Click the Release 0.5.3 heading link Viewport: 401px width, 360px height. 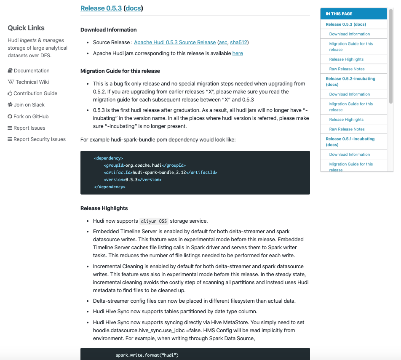(x=101, y=8)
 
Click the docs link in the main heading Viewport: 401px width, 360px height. (x=133, y=8)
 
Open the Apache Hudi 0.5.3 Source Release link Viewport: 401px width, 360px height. (x=174, y=42)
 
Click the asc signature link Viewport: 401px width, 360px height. (x=223, y=42)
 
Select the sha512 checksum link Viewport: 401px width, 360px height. (x=238, y=42)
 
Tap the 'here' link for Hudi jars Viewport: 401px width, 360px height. (x=238, y=53)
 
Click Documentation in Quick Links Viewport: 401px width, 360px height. (x=31, y=71)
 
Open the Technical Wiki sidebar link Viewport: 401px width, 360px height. (x=32, y=82)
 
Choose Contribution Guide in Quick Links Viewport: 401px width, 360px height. (x=35, y=93)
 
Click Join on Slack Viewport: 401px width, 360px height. (x=29, y=105)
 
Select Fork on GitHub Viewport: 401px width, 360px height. (x=31, y=117)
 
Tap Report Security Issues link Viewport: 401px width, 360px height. (x=39, y=139)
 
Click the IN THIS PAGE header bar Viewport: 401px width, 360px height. (x=353, y=14)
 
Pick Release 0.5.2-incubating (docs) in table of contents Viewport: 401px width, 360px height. (x=350, y=81)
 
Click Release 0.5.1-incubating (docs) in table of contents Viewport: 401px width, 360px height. (x=350, y=141)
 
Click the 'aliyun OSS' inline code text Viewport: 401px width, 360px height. (x=154, y=221)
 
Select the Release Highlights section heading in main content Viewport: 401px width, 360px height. (x=104, y=208)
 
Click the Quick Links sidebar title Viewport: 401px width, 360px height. (x=26, y=28)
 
